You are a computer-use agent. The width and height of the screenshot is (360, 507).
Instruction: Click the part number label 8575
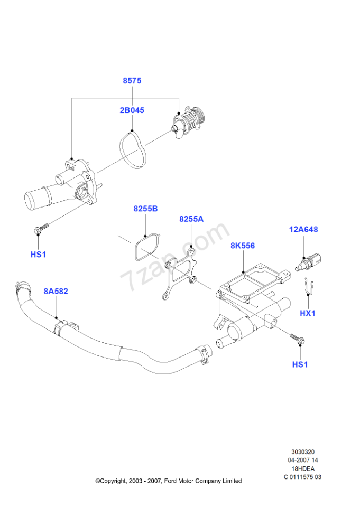[x=132, y=80]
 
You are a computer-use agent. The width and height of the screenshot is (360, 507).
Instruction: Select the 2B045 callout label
[x=132, y=110]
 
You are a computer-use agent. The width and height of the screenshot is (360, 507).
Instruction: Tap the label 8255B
[x=146, y=209]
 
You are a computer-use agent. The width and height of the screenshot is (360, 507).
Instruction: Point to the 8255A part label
[x=191, y=219]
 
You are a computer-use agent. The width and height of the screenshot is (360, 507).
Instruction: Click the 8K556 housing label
[x=243, y=246]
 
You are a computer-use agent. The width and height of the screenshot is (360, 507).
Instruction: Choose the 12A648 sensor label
[x=303, y=230]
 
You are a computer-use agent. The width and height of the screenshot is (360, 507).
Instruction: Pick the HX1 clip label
[x=308, y=313]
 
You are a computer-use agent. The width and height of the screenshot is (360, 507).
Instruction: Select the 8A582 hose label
[x=56, y=292]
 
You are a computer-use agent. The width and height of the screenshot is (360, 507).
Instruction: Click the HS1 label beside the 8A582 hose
[x=38, y=255]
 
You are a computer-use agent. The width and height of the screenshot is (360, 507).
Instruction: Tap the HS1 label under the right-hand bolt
[x=300, y=365]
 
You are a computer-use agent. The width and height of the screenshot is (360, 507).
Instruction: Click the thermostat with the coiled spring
[x=188, y=122]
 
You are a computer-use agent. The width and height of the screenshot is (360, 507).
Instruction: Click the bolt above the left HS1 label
[x=41, y=228]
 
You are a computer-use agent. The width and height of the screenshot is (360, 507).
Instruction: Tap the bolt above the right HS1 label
[x=298, y=339]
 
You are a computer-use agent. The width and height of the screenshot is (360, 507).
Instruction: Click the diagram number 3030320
[x=303, y=452]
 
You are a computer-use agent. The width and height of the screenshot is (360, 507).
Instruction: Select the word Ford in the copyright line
[x=171, y=481]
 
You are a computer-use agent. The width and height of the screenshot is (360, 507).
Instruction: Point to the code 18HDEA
[x=303, y=468]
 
